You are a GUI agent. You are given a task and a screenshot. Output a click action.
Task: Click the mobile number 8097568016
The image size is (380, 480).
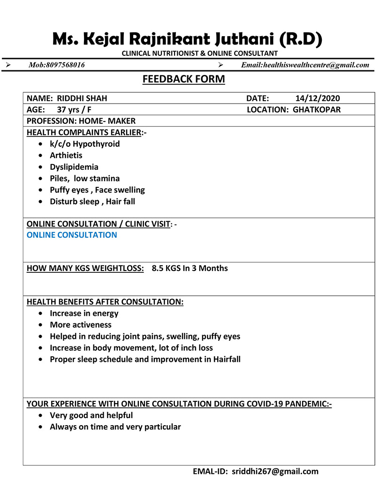coord(66,65)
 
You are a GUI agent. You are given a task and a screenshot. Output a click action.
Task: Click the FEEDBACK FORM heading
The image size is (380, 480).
coord(183,79)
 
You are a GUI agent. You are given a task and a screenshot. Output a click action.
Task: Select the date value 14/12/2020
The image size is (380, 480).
coord(318,98)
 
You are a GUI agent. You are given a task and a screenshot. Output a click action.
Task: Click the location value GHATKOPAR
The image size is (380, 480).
coord(317,110)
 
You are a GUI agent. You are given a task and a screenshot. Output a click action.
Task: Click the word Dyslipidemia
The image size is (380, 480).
coord(74,167)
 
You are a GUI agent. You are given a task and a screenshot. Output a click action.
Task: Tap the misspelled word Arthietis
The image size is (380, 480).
coord(66,155)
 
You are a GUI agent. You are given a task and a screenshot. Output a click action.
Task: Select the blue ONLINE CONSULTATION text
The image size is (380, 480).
coord(72,235)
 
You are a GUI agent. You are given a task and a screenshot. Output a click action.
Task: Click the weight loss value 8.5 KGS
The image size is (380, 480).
coord(166,269)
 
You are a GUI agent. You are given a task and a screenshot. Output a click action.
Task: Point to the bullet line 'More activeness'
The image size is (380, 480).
coord(81,325)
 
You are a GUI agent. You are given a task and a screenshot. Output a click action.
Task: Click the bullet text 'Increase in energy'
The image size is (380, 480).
coord(84,313)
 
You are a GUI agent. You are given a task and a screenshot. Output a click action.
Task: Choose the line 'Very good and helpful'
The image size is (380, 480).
coord(91,415)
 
